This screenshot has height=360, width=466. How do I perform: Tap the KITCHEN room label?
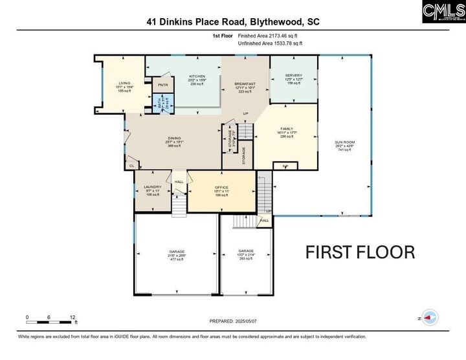pyautogui.click(x=197, y=76)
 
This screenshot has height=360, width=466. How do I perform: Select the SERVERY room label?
pyautogui.click(x=293, y=75)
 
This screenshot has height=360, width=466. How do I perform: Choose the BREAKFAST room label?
pyautogui.click(x=245, y=84)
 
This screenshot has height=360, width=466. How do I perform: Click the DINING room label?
pyautogui.click(x=173, y=138)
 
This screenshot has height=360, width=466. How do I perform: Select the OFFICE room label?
pyautogui.click(x=221, y=187)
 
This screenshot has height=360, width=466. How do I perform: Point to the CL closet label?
pyautogui.click(x=131, y=166)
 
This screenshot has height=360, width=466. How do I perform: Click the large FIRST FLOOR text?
pyautogui.click(x=360, y=252)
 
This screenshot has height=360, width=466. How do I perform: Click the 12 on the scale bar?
pyautogui.click(x=72, y=317)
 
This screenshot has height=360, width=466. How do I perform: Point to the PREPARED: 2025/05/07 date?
pyautogui.click(x=233, y=321)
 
